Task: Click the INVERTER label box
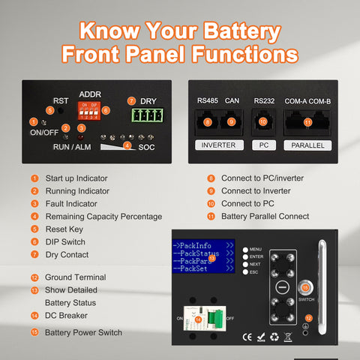pos(219,145)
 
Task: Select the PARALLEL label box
pos(307,145)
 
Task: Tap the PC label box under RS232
pos(262,145)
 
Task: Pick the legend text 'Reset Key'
pos(65,229)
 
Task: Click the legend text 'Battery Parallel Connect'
pos(265,216)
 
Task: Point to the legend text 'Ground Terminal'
pos(75,277)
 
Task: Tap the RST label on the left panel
pos(60,100)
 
